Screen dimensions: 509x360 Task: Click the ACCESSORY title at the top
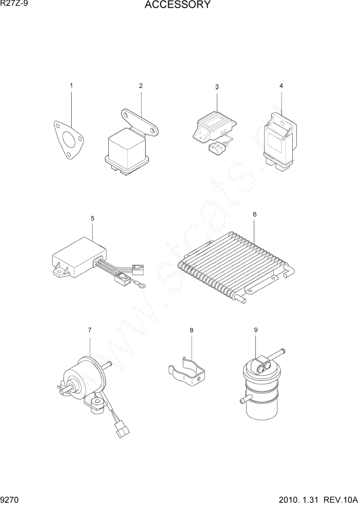pos(177,6)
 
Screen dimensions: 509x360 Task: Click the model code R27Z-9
pos(16,5)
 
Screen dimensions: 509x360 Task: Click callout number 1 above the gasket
pos(71,85)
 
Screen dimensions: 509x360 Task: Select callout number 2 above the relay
pos(141,85)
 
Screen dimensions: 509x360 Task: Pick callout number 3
pos(217,87)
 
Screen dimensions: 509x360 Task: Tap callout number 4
pos(281,85)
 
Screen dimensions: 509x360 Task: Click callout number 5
pos(93,218)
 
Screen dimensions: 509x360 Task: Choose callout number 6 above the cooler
pos(255,213)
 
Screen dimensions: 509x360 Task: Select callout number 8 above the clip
pos(191,331)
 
